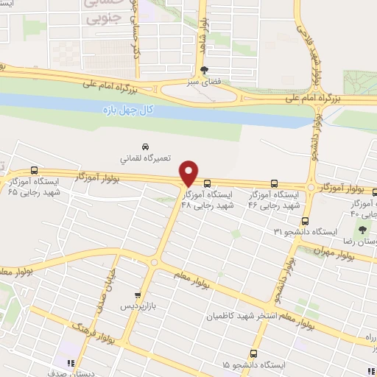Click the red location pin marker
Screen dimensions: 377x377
point(189,172)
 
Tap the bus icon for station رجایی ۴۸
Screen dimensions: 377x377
point(208,183)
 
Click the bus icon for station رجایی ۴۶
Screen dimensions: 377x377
point(275,183)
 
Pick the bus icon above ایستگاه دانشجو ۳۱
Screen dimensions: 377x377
point(306,221)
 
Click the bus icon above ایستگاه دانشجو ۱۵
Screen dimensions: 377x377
point(253,353)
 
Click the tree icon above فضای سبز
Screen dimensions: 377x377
point(204,71)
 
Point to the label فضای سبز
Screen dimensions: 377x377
point(204,82)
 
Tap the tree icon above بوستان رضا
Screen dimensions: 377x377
point(362,229)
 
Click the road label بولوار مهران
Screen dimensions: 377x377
point(339,253)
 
